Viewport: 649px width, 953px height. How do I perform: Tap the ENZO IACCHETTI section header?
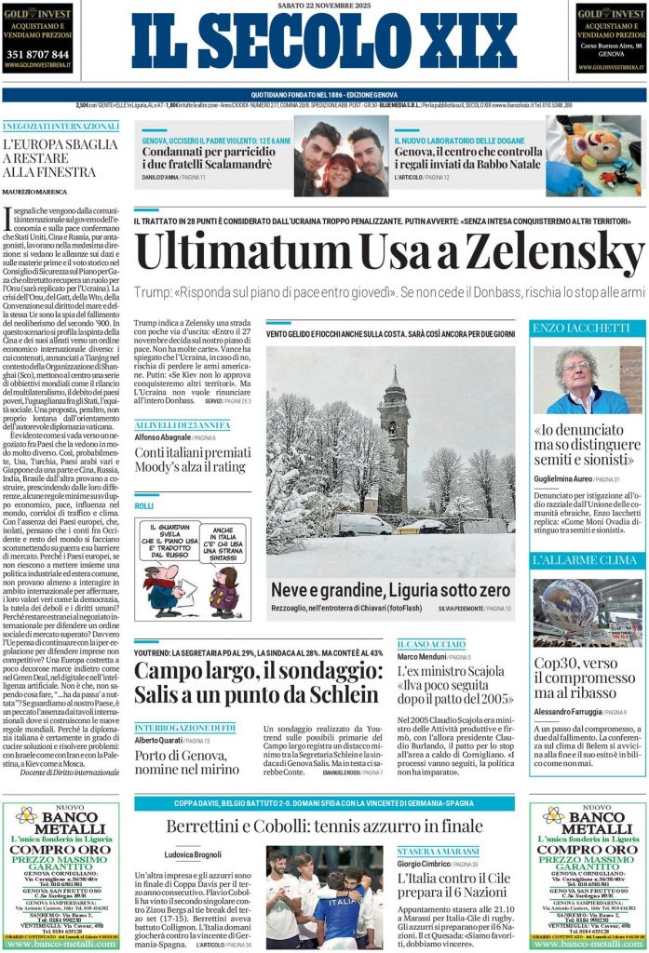tap(569, 329)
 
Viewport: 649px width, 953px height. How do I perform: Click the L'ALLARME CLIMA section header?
tap(573, 560)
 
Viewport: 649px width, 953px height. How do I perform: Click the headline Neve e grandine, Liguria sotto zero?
tap(390, 590)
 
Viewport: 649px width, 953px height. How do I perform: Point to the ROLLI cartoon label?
tap(143, 505)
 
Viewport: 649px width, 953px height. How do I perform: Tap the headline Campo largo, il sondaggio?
tap(256, 682)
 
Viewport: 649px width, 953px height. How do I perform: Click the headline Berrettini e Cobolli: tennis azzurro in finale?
tap(324, 825)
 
